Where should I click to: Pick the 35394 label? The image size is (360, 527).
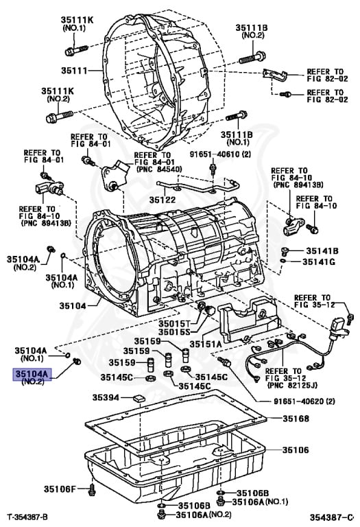106,397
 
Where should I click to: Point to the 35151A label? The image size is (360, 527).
206,343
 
